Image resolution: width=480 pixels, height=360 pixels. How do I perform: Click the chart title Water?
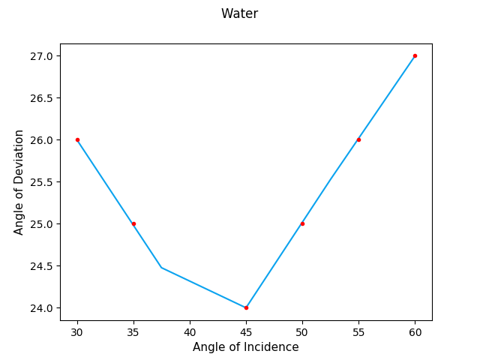[239, 13]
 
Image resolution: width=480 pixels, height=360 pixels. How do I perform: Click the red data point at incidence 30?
[77, 139]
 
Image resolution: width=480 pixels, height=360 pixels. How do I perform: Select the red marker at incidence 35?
[133, 223]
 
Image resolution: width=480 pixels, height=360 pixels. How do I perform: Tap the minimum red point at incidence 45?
[246, 307]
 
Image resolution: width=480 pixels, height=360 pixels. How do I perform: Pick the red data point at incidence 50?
[302, 223]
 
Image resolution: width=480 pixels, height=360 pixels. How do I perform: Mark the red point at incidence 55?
[358, 139]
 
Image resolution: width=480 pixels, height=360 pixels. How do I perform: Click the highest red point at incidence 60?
[415, 55]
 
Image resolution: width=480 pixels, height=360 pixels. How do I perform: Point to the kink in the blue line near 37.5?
[161, 267]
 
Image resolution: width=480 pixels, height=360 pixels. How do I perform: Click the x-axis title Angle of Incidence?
[245, 347]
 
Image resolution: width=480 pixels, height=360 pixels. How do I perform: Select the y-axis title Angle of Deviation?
[19, 181]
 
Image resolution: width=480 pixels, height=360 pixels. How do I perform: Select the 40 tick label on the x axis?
[190, 331]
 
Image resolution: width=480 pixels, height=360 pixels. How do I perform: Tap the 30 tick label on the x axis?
[77, 331]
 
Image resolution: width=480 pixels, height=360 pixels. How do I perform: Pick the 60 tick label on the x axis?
[415, 331]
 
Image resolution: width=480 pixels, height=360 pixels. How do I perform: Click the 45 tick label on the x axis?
[246, 331]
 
